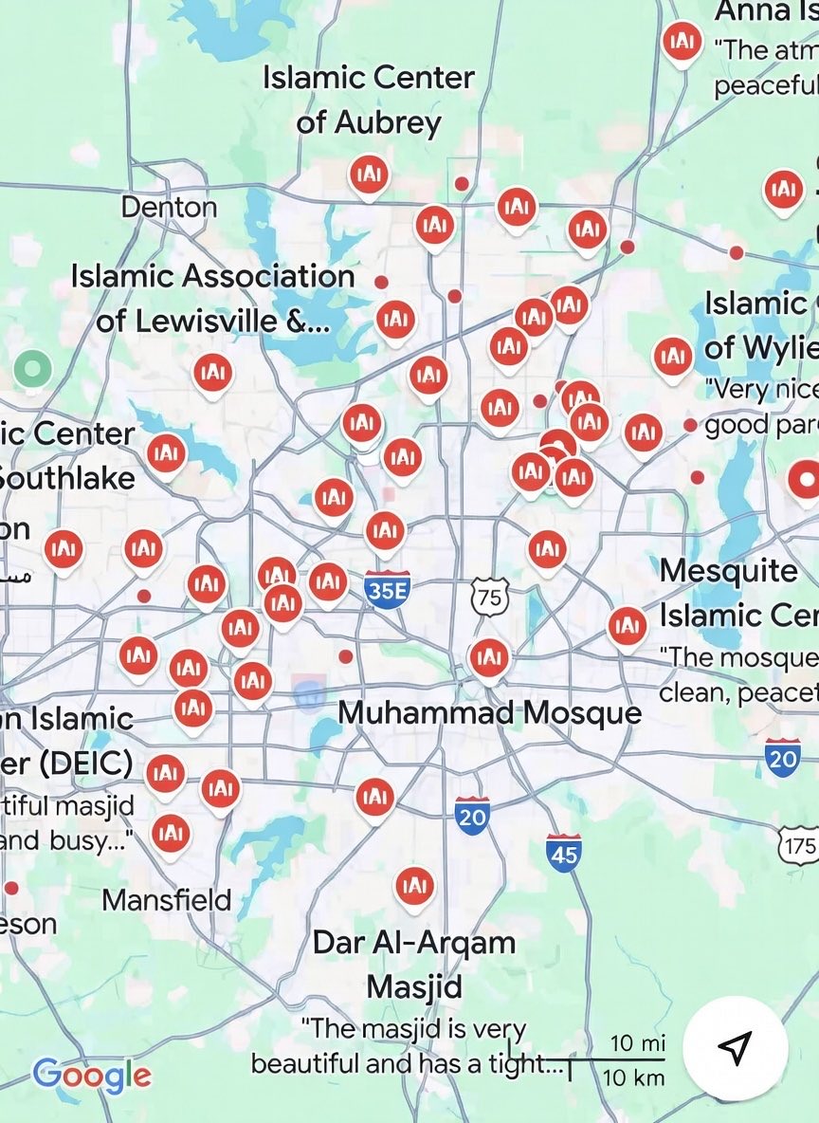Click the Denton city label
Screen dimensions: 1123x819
coord(169,206)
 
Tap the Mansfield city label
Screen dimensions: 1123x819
coord(167,899)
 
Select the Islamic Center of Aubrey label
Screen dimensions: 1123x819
coord(369,100)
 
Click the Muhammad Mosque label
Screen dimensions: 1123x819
coord(489,712)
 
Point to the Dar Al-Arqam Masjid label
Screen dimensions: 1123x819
coord(414,964)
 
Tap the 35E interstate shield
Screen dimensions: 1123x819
coord(387,589)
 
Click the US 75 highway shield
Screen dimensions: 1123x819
coord(489,597)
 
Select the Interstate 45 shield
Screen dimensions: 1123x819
coord(563,854)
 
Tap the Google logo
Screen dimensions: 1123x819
coord(92,1075)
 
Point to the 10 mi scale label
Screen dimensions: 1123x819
coord(637,1043)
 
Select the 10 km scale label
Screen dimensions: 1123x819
coord(633,1077)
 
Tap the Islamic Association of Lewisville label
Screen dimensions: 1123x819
coord(213,298)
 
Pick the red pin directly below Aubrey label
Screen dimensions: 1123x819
coord(369,175)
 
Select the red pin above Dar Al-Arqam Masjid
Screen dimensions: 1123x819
coord(413,887)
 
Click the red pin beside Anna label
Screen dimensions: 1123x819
coord(681,42)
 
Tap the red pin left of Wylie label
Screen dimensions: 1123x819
coord(672,357)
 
